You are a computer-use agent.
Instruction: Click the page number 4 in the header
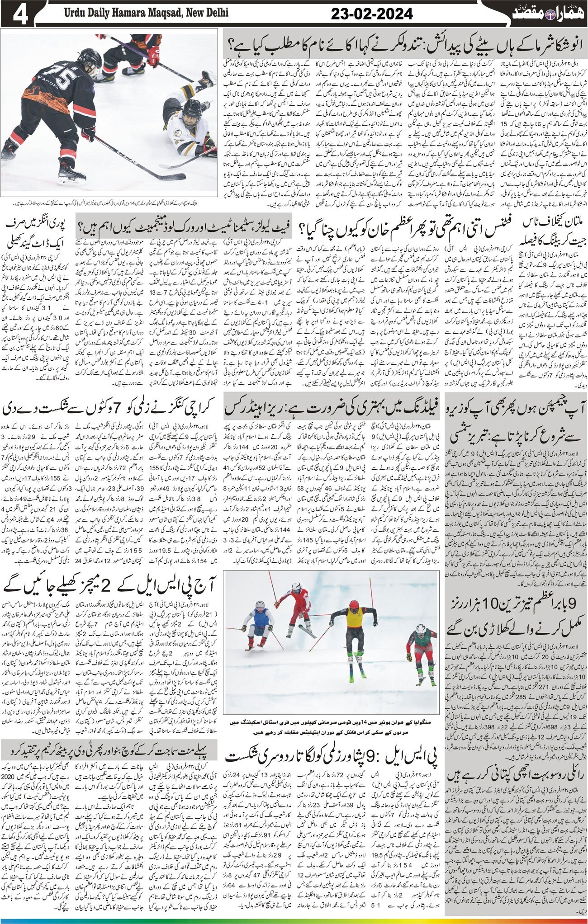19,13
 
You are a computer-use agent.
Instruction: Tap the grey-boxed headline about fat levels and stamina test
185,224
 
